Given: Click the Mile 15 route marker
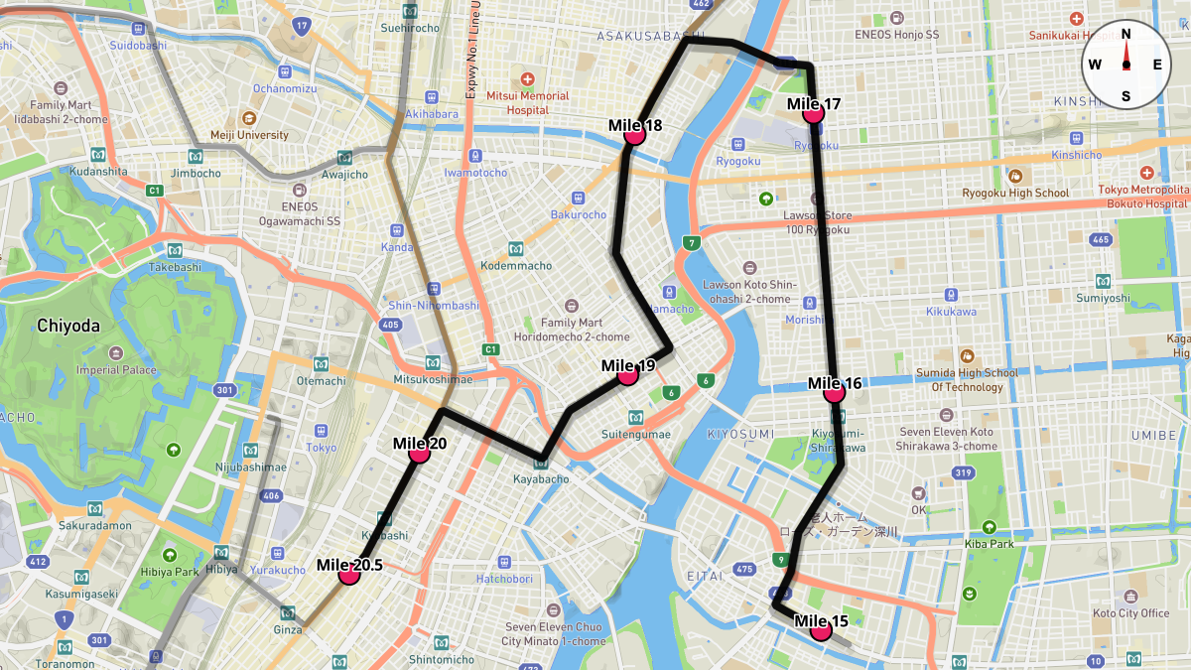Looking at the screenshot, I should point(820,630).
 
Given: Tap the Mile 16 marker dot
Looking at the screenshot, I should point(834,392).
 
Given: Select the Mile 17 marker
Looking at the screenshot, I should point(814,112).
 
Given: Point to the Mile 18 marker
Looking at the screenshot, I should point(635,134).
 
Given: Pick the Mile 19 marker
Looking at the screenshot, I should point(627,375).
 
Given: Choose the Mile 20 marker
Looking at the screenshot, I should point(419,452).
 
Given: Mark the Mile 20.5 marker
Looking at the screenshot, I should point(348,574).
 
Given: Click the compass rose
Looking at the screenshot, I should point(1125,65).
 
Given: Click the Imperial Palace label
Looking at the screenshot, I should point(118,370).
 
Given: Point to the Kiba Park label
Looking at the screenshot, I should point(989,544).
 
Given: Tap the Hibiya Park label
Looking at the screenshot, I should point(174,572).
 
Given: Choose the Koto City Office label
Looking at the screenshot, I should point(1131,612).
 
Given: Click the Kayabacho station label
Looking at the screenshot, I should point(541,479).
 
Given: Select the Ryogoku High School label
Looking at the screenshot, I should point(1015,193).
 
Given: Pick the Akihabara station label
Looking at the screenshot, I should point(431,114).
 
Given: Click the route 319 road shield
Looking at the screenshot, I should point(962,472).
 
